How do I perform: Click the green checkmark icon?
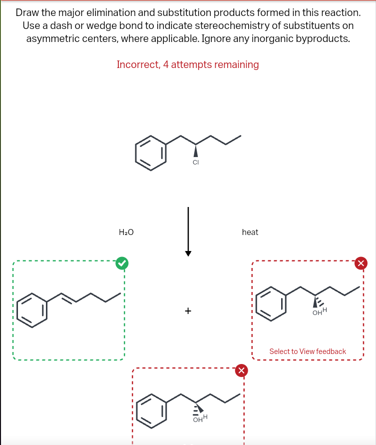point(121,262)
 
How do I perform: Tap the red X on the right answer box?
point(362,263)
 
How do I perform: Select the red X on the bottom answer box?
point(241,370)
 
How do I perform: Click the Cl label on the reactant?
point(196,162)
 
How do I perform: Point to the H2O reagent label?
point(126,232)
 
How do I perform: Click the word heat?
point(250,232)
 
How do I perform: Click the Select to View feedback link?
point(308,351)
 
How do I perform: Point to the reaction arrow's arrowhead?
point(188,252)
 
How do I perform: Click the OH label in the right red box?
point(317,313)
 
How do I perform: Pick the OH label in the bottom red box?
point(197,420)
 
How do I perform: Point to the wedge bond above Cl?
point(196,150)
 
